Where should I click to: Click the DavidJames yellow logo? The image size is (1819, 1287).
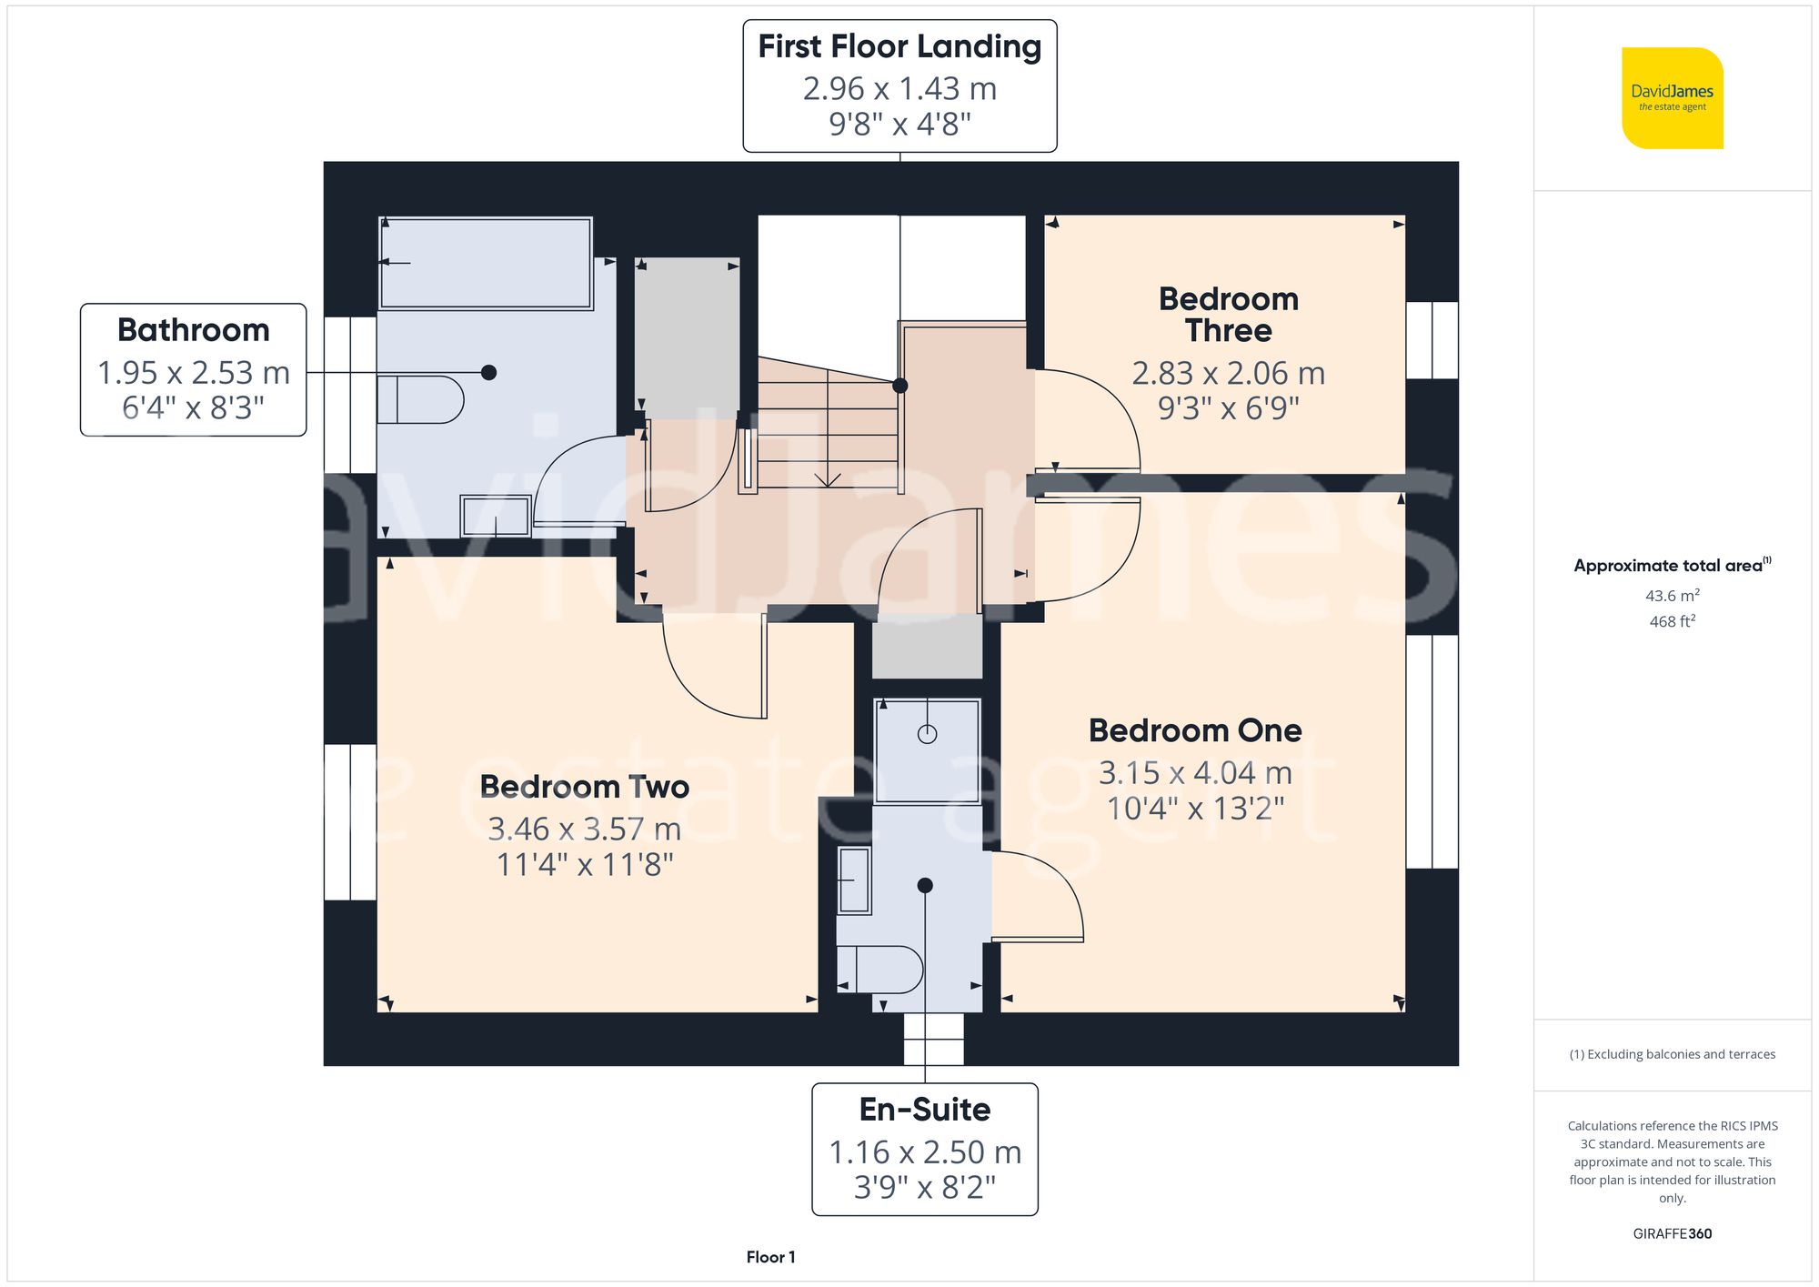click(1672, 98)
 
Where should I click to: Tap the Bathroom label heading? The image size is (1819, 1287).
click(193, 330)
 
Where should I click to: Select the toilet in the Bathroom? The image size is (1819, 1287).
click(421, 399)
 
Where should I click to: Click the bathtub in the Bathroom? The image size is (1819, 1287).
click(486, 264)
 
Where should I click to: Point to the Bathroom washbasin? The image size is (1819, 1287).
click(496, 516)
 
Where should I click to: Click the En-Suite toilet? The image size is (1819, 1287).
click(880, 970)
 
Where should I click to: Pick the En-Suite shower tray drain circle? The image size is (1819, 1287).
click(927, 734)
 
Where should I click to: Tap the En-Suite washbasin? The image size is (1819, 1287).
click(854, 880)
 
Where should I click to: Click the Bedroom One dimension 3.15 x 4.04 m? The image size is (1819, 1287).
click(1195, 773)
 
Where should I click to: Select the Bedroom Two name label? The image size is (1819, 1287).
click(584, 787)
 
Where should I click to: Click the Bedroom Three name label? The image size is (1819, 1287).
click(1228, 315)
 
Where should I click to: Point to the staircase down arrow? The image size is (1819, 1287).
click(827, 478)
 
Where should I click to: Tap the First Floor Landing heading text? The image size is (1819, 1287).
click(899, 46)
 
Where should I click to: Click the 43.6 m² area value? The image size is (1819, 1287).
click(1672, 596)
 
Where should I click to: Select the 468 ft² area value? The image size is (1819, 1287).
click(1672, 621)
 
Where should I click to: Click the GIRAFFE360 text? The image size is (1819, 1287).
click(1672, 1234)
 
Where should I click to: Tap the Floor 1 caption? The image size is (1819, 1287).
click(770, 1257)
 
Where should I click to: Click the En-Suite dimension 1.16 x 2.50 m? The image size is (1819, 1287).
click(924, 1152)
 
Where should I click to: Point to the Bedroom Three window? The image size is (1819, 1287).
click(1432, 340)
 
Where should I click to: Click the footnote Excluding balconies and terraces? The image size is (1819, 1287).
click(1672, 1054)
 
